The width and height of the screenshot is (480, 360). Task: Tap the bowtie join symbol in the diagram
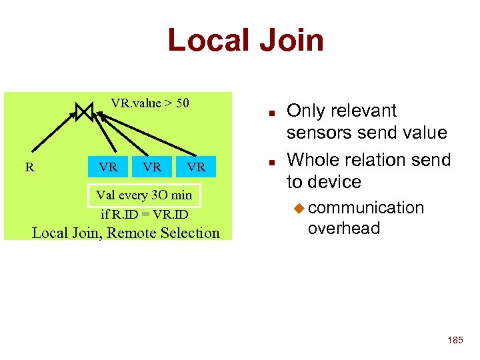tap(85, 111)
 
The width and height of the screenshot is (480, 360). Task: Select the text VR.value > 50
tap(150, 103)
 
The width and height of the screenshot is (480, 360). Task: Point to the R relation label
tap(29, 167)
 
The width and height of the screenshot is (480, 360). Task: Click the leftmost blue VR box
tap(108, 167)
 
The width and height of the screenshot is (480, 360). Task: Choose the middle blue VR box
tap(153, 167)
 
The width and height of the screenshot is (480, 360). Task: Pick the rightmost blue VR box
tap(196, 167)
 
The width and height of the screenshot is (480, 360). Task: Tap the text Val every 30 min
tap(144, 195)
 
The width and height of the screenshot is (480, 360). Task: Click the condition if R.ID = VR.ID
tap(144, 215)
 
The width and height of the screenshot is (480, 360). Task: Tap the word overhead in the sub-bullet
tap(344, 228)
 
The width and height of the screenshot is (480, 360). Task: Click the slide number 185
tap(455, 341)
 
